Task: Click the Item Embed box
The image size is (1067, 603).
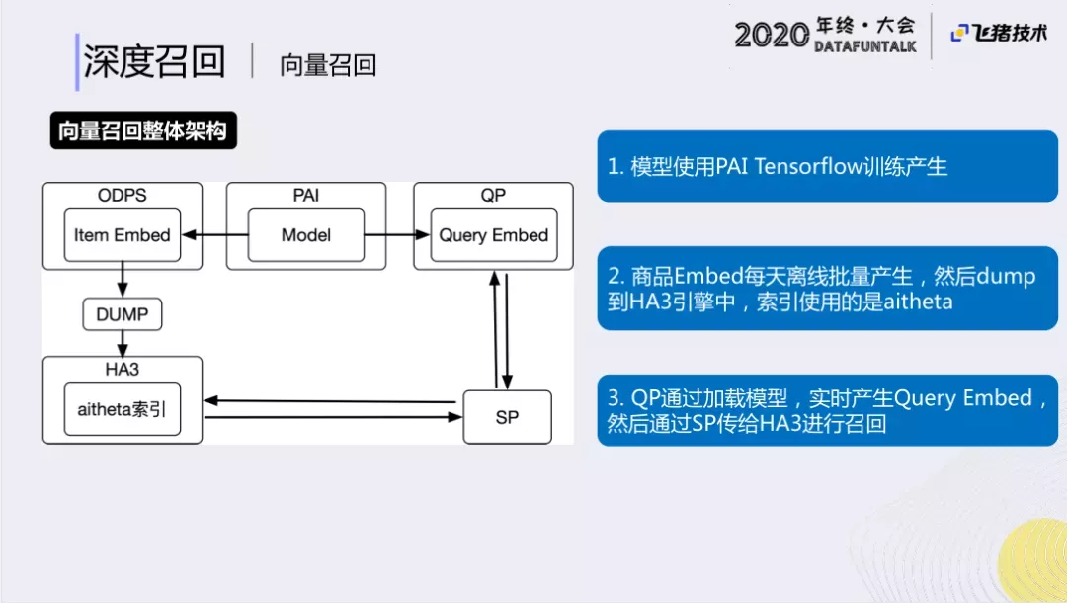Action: pyautogui.click(x=122, y=235)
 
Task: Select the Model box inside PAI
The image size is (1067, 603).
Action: pyautogui.click(x=305, y=235)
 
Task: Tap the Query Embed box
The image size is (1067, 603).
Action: pyautogui.click(x=493, y=235)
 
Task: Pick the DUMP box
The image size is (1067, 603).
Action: pyautogui.click(x=122, y=314)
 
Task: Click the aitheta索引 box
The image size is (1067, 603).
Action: pyautogui.click(x=122, y=408)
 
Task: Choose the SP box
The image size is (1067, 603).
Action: pyautogui.click(x=507, y=417)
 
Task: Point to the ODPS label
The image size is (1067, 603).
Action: pyautogui.click(x=123, y=195)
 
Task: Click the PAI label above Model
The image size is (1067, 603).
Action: pyautogui.click(x=306, y=195)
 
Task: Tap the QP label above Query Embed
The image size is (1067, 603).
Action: pyautogui.click(x=493, y=195)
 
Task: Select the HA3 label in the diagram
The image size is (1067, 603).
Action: pyautogui.click(x=123, y=369)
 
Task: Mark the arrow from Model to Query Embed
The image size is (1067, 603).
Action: pyautogui.click(x=397, y=235)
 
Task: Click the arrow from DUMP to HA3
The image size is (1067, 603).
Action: pyautogui.click(x=122, y=343)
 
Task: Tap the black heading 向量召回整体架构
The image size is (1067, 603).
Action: pyautogui.click(x=143, y=130)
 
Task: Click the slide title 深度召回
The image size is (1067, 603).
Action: pyautogui.click(x=154, y=61)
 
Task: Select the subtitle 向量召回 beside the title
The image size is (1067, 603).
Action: pyautogui.click(x=328, y=65)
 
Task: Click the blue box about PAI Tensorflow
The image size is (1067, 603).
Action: pyautogui.click(x=827, y=166)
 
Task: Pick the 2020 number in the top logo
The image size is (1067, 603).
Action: pyautogui.click(x=772, y=36)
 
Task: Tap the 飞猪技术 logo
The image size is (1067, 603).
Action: pyautogui.click(x=999, y=33)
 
